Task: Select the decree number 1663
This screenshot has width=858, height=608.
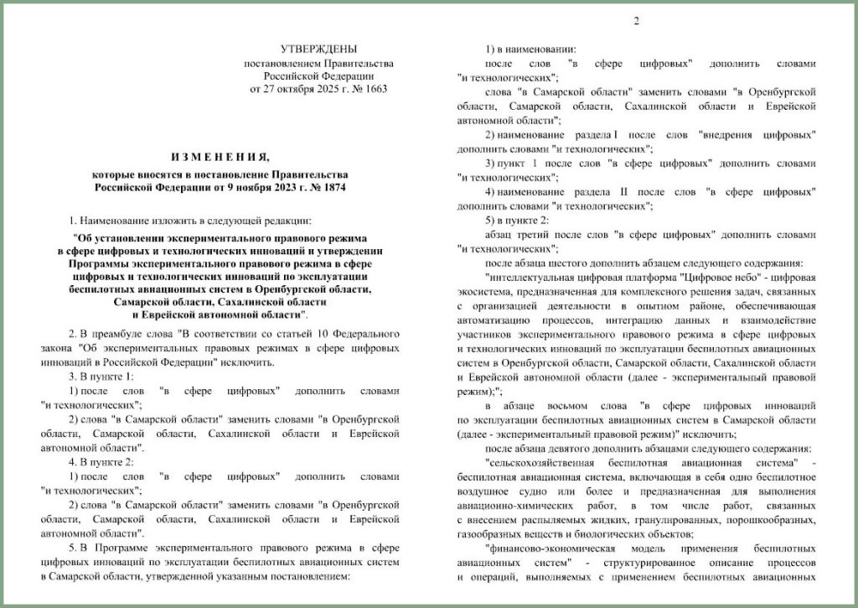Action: [x=375, y=88]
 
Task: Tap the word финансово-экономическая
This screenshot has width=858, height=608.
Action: [x=547, y=548]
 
